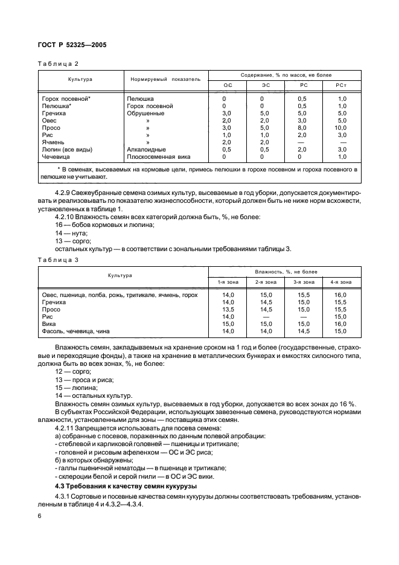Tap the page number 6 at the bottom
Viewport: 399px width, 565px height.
tap(39, 516)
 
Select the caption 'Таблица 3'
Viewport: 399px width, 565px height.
tap(59, 260)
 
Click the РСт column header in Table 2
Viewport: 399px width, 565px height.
tap(342, 86)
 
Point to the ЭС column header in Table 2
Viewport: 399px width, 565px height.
tap(263, 86)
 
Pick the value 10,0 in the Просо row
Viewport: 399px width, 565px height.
tap(342, 127)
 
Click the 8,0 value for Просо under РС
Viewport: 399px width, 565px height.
tap(302, 127)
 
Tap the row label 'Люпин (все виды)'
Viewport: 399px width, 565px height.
tap(70, 149)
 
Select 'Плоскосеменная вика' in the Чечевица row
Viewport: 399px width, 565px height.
tap(159, 156)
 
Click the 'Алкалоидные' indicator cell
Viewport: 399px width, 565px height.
tap(146, 149)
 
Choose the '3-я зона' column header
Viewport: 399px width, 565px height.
tap(304, 282)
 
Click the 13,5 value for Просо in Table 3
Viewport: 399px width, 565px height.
tap(228, 308)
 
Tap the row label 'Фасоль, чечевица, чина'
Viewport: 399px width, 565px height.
tap(75, 331)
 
